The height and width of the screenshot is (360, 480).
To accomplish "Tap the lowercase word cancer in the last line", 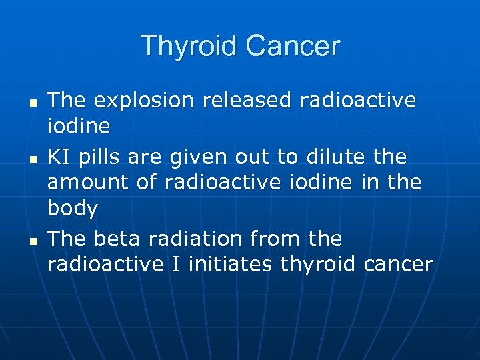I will pos(398,265).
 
